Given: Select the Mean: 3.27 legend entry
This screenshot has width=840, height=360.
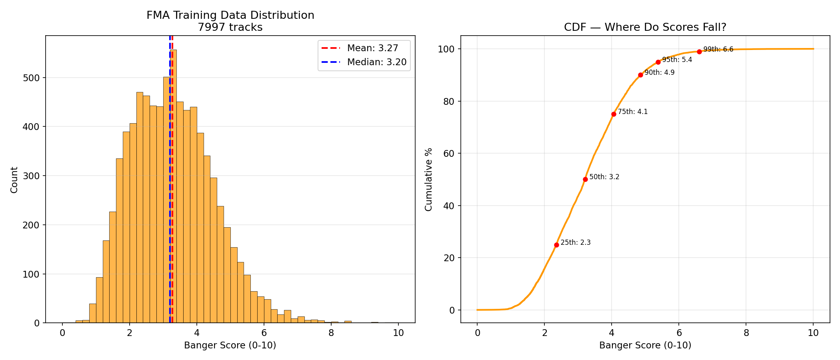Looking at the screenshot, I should [372, 48].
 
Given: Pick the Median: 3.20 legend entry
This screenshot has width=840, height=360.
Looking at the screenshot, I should [376, 62].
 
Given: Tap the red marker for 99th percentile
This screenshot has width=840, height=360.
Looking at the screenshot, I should [699, 52].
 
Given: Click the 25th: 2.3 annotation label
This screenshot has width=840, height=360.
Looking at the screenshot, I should [575, 242].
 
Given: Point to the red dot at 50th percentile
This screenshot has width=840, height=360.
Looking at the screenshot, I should [585, 179].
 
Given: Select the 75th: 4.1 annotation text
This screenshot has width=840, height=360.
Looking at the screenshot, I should [632, 112].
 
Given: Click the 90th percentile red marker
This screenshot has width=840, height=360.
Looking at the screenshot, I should [640, 75].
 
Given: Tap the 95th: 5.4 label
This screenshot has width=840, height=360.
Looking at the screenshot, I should [677, 60].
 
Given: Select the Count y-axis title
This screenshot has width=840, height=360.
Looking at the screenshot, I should [14, 180].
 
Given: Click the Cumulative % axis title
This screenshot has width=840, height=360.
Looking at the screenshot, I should [429, 179].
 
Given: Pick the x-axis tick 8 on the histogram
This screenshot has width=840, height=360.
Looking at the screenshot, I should [331, 333].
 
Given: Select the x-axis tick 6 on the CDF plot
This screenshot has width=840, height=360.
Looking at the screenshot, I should [679, 333].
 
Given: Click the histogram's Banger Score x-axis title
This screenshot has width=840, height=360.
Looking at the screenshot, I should [230, 345].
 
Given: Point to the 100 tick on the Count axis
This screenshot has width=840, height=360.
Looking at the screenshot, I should [33, 274].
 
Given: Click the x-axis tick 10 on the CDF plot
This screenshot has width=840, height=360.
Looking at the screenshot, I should [813, 333].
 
